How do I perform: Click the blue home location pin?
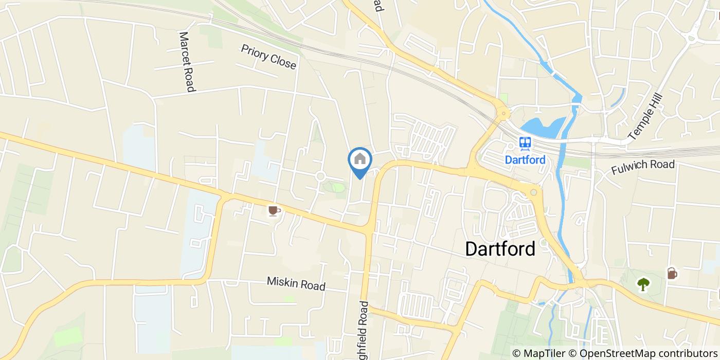pos(360,160)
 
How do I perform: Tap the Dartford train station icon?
pos(525,142)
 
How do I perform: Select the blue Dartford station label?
pos(525,159)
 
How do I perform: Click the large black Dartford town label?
pos(500,248)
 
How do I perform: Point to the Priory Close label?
pos(268,57)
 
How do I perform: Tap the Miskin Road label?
pos(296,283)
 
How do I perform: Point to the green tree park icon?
pos(643,283)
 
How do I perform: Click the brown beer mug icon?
pos(672,273)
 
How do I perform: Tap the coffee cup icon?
pos(274,210)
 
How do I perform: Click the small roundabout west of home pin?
pos(320,176)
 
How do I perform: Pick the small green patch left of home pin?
pos(338,187)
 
